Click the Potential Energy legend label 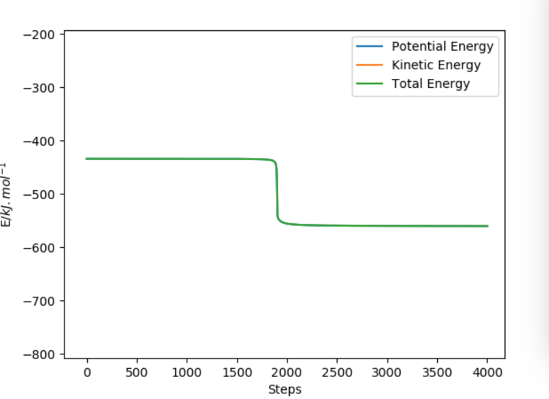[442, 47]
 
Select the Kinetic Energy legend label [436, 65]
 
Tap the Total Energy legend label [430, 84]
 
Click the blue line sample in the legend [369, 47]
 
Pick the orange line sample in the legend [369, 65]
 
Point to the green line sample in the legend [369, 84]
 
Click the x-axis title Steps [284, 389]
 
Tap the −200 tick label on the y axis [43, 34]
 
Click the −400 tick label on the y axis [43, 141]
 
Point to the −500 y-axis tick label [43, 194]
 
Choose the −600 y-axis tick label [43, 247]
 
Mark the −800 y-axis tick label [43, 354]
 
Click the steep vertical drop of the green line [277, 192]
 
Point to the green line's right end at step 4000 [487, 226]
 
